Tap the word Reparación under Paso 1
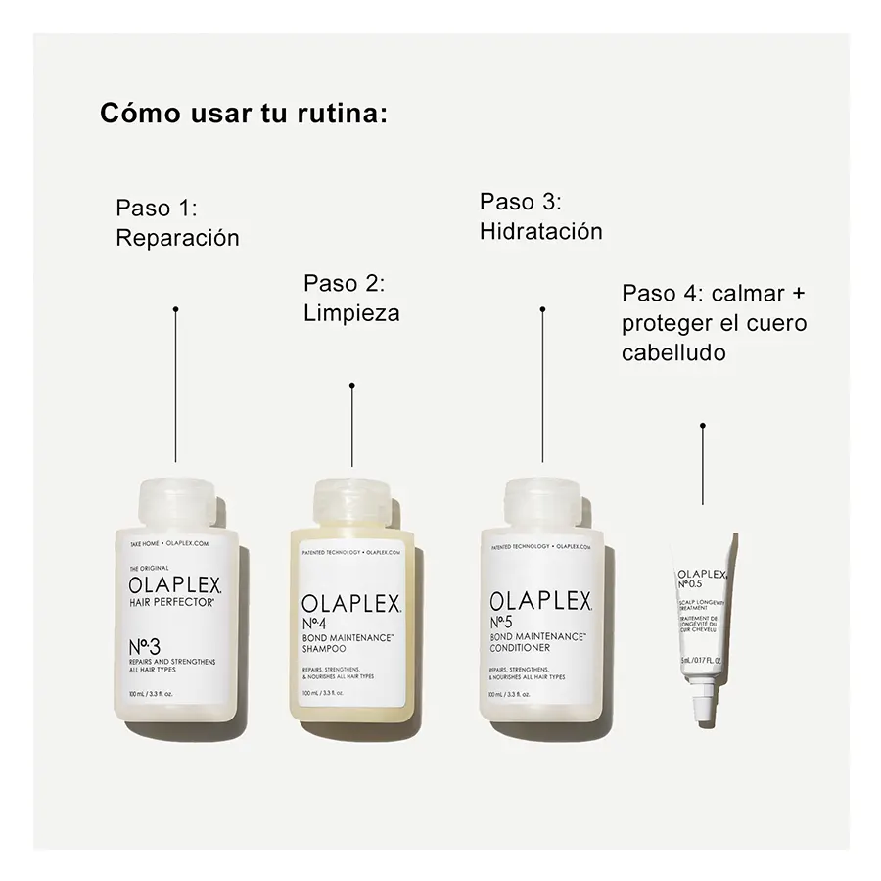click(177, 238)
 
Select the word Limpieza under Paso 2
click(351, 313)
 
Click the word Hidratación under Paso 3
click(540, 232)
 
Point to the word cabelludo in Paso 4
click(673, 352)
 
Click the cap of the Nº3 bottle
click(175, 498)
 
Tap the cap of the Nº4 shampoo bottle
click(351, 501)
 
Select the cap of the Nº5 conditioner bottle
click(542, 501)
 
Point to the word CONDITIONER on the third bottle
click(520, 648)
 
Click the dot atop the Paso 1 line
click(175, 309)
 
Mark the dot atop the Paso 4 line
click(702, 426)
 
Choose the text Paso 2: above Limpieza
click(343, 283)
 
